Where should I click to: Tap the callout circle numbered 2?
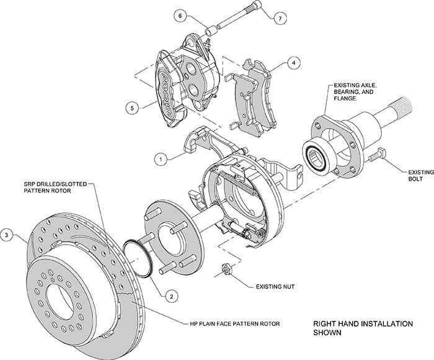168,296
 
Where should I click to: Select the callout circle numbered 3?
7,235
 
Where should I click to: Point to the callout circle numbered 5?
131,107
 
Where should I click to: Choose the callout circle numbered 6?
179,15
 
